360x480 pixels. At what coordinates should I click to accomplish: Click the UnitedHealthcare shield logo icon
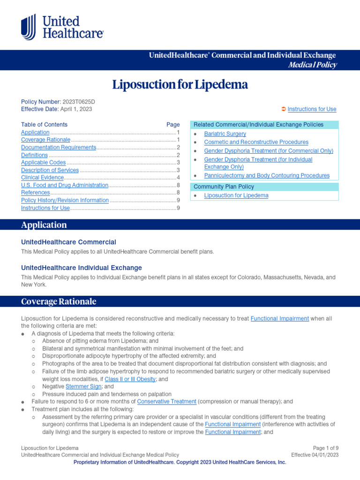pyautogui.click(x=28, y=27)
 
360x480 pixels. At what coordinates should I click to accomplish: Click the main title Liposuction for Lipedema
pyautogui.click(x=180, y=85)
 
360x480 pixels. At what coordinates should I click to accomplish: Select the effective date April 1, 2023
pyautogui.click(x=76, y=109)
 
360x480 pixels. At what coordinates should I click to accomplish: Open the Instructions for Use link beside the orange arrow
pyautogui.click(x=312, y=109)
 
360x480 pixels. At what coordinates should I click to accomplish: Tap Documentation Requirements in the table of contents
pyautogui.click(x=59, y=147)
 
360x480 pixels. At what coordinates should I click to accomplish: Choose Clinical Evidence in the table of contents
pyautogui.click(x=42, y=178)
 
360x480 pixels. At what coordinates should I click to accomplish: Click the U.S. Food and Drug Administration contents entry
pyautogui.click(x=65, y=185)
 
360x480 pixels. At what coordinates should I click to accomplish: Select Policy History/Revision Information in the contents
pyautogui.click(x=65, y=200)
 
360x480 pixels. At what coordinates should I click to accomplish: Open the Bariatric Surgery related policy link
pyautogui.click(x=225, y=134)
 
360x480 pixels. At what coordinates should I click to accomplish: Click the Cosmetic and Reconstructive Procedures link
pyautogui.click(x=256, y=142)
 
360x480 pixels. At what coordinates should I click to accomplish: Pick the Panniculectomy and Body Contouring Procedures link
pyautogui.click(x=267, y=175)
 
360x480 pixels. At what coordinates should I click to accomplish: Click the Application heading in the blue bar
pyautogui.click(x=44, y=225)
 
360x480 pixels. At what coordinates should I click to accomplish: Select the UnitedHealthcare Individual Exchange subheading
pyautogui.click(x=82, y=268)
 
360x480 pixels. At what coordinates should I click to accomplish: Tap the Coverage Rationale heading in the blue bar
pyautogui.click(x=59, y=301)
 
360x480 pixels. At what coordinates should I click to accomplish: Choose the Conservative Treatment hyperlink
pyautogui.click(x=166, y=402)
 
